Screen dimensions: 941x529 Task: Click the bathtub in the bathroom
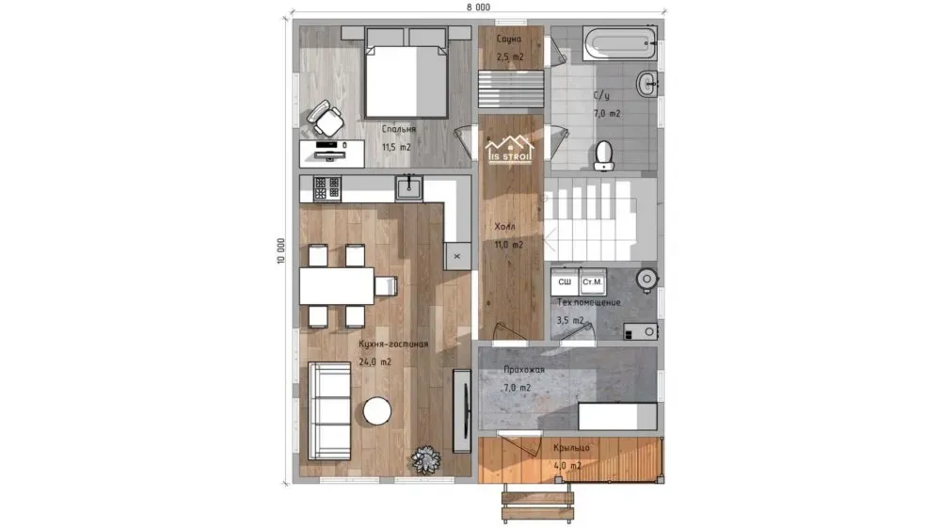619,43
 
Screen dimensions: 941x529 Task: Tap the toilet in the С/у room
604,155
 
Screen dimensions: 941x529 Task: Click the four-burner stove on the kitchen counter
327,188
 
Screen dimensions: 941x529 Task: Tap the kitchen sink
408,187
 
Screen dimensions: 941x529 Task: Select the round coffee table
377,411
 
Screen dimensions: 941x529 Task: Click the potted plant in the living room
426,460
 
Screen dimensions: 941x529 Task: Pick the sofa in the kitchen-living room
329,410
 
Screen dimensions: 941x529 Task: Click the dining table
337,286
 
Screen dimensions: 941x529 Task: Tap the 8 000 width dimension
478,8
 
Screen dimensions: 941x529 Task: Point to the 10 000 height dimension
280,250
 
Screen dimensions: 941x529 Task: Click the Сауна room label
509,39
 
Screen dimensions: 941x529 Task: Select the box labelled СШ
565,281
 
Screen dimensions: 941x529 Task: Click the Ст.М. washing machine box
592,281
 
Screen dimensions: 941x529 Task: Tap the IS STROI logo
509,150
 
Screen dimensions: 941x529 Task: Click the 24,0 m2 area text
375,362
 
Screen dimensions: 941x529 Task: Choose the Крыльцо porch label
571,448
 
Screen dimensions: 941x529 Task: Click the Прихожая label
524,370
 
